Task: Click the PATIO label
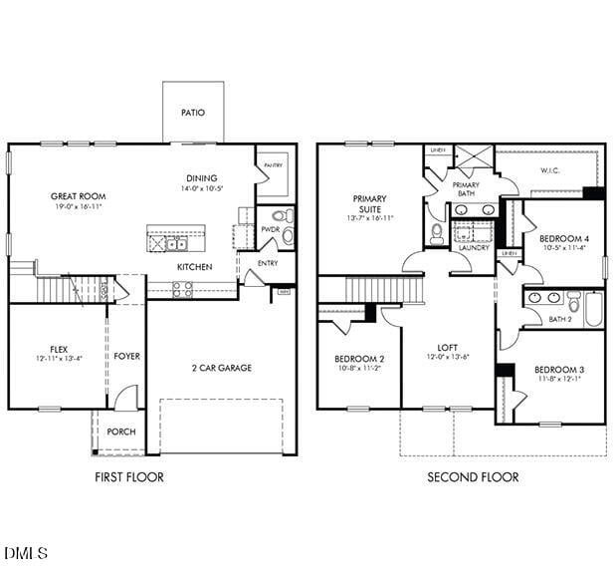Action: tap(193, 113)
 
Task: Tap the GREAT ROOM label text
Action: tap(79, 196)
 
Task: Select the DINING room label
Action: tap(201, 176)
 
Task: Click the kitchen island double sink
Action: tap(176, 243)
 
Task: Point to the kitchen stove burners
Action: tap(183, 289)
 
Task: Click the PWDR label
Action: tap(270, 229)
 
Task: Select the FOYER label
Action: tap(126, 356)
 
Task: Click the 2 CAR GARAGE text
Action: tap(221, 368)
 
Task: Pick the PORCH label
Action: tap(121, 432)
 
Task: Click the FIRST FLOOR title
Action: tap(129, 477)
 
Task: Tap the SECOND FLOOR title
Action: tap(473, 477)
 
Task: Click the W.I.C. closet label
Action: tap(551, 170)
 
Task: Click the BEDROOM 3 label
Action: tap(559, 370)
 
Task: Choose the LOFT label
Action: tap(448, 347)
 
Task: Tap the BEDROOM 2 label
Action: tap(359, 358)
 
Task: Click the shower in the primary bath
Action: tap(474, 159)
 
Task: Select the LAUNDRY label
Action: tap(474, 247)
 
